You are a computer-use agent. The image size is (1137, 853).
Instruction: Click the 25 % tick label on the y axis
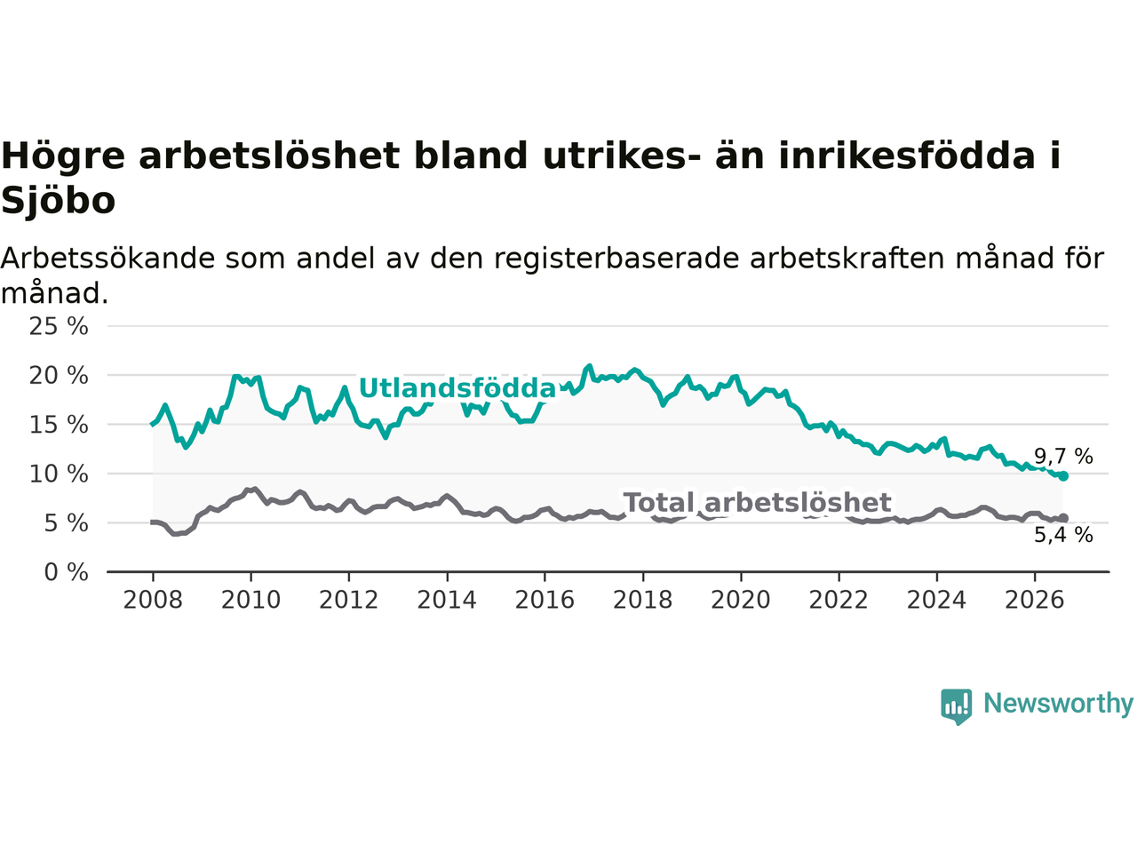pyautogui.click(x=59, y=326)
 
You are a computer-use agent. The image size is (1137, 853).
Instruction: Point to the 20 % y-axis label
pyautogui.click(x=59, y=376)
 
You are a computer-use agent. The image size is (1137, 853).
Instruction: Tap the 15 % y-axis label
pyautogui.click(x=59, y=425)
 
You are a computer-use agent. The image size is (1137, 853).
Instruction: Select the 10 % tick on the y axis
pyautogui.click(x=59, y=474)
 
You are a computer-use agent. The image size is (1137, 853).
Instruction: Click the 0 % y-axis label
pyautogui.click(x=67, y=572)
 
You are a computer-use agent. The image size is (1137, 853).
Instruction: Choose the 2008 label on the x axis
pyautogui.click(x=153, y=601)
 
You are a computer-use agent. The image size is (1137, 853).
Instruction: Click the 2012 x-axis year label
pyautogui.click(x=348, y=601)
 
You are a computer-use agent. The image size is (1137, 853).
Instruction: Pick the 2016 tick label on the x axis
pyautogui.click(x=545, y=601)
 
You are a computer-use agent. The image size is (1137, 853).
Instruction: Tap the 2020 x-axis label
pyautogui.click(x=741, y=601)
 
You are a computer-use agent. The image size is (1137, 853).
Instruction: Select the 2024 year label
pyautogui.click(x=936, y=601)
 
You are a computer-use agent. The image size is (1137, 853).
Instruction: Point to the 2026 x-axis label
pyautogui.click(x=1035, y=601)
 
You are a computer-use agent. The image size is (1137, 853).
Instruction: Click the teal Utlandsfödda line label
pyautogui.click(x=457, y=388)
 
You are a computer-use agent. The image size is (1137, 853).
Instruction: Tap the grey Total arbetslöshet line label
pyautogui.click(x=758, y=502)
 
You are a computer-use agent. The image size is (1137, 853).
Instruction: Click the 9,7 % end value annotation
pyautogui.click(x=1063, y=457)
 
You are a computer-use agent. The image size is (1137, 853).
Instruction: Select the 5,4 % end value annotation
pyautogui.click(x=1063, y=535)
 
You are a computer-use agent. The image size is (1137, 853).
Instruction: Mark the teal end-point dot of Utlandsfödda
pyautogui.click(x=1063, y=476)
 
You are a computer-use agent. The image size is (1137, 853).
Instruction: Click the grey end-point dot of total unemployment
pyautogui.click(x=1063, y=518)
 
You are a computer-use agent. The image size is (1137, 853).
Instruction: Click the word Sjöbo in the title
pyautogui.click(x=58, y=201)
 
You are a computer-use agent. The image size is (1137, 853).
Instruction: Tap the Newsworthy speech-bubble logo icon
pyautogui.click(x=956, y=706)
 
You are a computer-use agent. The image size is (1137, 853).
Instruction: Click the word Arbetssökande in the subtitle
pyautogui.click(x=107, y=258)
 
